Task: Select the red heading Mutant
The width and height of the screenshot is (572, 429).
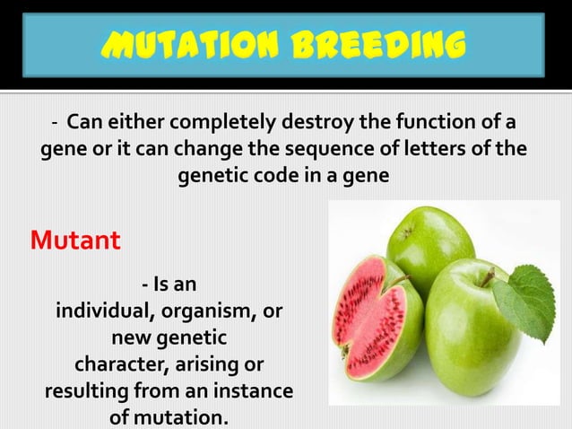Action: [75, 241]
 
